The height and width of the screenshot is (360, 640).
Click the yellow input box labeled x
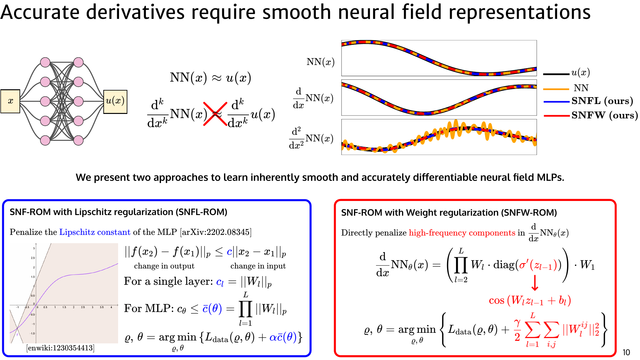click(10, 101)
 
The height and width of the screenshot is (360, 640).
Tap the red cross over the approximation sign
click(215, 114)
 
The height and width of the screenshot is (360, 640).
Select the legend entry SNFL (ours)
click(602, 101)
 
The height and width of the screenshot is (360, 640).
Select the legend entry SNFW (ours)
click(604, 115)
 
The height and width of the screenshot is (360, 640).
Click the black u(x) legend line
click(556, 74)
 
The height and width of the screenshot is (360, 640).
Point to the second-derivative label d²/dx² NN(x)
click(311, 138)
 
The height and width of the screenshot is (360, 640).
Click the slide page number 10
click(626, 352)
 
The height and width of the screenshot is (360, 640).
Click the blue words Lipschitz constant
click(95, 232)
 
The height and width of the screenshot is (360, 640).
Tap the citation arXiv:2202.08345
click(216, 232)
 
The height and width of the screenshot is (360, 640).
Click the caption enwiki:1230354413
click(60, 348)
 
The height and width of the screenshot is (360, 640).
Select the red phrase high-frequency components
click(462, 233)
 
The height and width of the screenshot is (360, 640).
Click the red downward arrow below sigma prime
click(535, 283)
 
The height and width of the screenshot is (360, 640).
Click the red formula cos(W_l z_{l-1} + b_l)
click(530, 300)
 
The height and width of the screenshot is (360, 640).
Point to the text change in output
click(164, 266)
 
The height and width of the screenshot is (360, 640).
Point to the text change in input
click(258, 266)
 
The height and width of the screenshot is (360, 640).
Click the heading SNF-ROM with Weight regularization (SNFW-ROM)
click(449, 213)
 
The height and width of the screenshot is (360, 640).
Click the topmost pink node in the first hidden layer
click(45, 62)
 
